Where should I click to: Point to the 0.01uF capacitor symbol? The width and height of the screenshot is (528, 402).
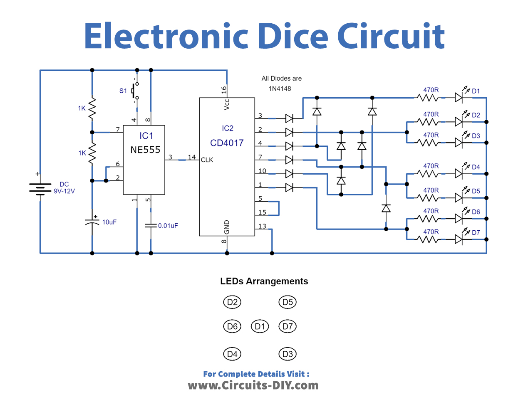151,226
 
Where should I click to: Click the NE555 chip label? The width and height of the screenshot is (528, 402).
145,150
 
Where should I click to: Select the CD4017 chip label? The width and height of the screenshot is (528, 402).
227,143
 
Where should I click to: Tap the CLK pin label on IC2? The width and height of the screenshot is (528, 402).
207,160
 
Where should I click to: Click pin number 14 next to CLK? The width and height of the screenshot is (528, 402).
191,157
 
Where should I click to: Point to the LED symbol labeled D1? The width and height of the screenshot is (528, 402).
459,98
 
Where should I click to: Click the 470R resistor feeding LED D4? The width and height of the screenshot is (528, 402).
428,174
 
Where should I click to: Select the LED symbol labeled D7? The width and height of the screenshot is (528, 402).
459,239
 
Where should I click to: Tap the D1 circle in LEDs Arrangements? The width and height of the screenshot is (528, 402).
260,326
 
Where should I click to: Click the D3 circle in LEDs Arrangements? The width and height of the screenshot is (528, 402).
288,354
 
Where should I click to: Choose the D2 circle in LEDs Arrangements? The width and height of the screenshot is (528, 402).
232,302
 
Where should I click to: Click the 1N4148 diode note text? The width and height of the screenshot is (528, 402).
280,89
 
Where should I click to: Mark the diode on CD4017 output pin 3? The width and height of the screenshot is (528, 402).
289,119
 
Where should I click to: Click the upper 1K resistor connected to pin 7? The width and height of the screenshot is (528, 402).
92,109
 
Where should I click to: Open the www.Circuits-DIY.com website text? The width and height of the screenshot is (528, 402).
253,385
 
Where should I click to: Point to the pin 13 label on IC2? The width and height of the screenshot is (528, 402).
262,226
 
